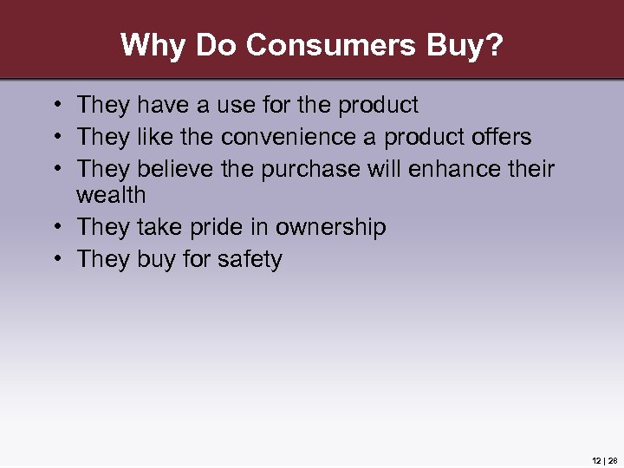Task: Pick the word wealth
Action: click(111, 195)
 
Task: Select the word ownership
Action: click(330, 228)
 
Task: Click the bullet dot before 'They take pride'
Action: click(55, 228)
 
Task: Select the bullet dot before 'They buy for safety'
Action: click(55, 259)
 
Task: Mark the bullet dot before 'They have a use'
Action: click(55, 106)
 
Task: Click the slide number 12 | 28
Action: click(604, 459)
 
